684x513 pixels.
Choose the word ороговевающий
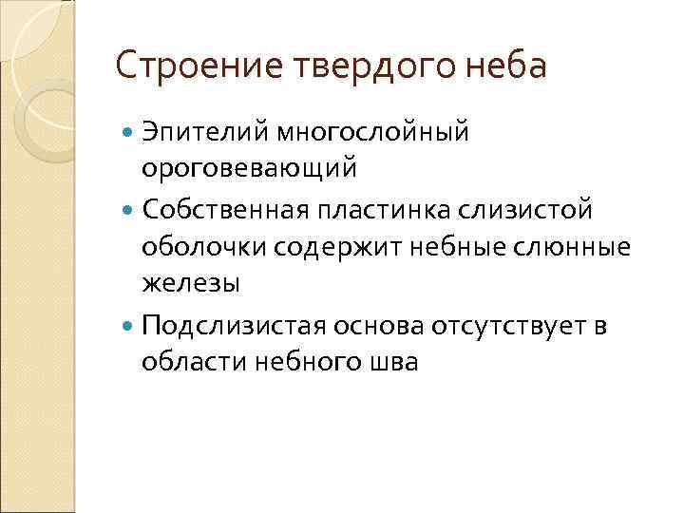tap(250, 168)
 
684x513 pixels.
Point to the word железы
tap(191, 282)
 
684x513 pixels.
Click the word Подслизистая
tap(232, 326)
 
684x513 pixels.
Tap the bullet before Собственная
tap(129, 208)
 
